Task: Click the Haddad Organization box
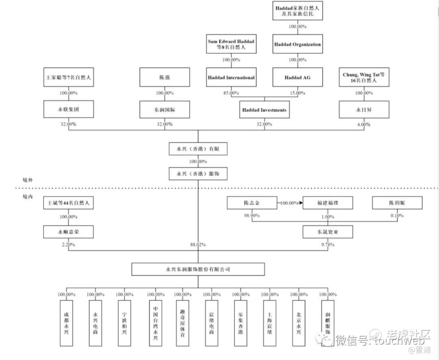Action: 298,44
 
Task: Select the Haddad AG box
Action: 298,77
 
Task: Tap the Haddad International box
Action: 231,77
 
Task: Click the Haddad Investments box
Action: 264,110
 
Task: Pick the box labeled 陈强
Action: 165,77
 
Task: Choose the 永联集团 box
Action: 68,110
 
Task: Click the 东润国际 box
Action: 165,110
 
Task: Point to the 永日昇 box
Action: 358,110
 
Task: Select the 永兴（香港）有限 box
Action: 198,149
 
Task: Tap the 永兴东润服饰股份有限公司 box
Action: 198,269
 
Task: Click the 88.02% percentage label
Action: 198,245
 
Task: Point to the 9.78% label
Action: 327,245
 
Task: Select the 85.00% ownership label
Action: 231,93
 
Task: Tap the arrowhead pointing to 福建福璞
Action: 301,203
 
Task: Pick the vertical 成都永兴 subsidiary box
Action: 66,323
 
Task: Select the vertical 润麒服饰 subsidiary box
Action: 328,323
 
